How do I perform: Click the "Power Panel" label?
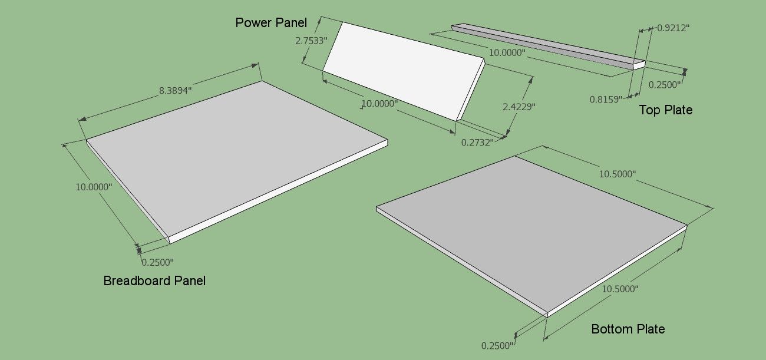pos(271,22)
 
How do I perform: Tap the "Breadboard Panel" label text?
pos(154,280)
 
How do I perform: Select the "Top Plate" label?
pos(665,110)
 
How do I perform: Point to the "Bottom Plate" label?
pos(628,329)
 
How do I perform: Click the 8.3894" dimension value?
pos(175,91)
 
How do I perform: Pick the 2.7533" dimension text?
pos(311,41)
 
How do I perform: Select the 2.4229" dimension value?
pos(519,107)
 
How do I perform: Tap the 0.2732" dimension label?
pos(477,143)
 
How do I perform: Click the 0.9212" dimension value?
pos(673,28)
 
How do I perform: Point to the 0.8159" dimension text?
pos(606,100)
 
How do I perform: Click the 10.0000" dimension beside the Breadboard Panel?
pos(94,187)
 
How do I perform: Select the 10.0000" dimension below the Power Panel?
pos(379,104)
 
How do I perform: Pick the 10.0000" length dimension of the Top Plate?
pos(507,53)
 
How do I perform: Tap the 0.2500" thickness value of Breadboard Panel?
pos(157,263)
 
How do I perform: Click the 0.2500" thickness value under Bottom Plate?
pos(497,346)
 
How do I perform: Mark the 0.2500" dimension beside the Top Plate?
pos(665,85)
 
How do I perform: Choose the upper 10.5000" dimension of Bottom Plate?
pos(618,174)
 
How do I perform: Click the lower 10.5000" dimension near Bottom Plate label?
pos(620,289)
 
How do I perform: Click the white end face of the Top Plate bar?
pos(639,65)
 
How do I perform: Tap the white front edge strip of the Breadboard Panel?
pos(279,192)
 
